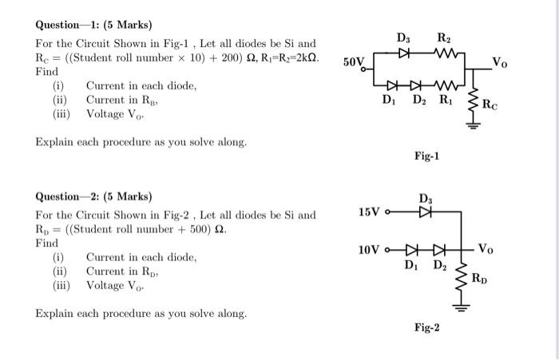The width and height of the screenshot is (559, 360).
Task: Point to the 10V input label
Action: point(370,250)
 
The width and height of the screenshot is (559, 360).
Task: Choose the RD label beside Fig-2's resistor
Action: point(478,278)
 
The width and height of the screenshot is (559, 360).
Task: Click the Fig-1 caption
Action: point(427,156)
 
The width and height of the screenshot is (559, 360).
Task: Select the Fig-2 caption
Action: point(426,327)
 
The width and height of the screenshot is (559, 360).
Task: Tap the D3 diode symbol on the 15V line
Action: point(423,212)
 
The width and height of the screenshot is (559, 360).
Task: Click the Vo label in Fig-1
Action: point(498,62)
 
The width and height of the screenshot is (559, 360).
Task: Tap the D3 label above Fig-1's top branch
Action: point(404,37)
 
